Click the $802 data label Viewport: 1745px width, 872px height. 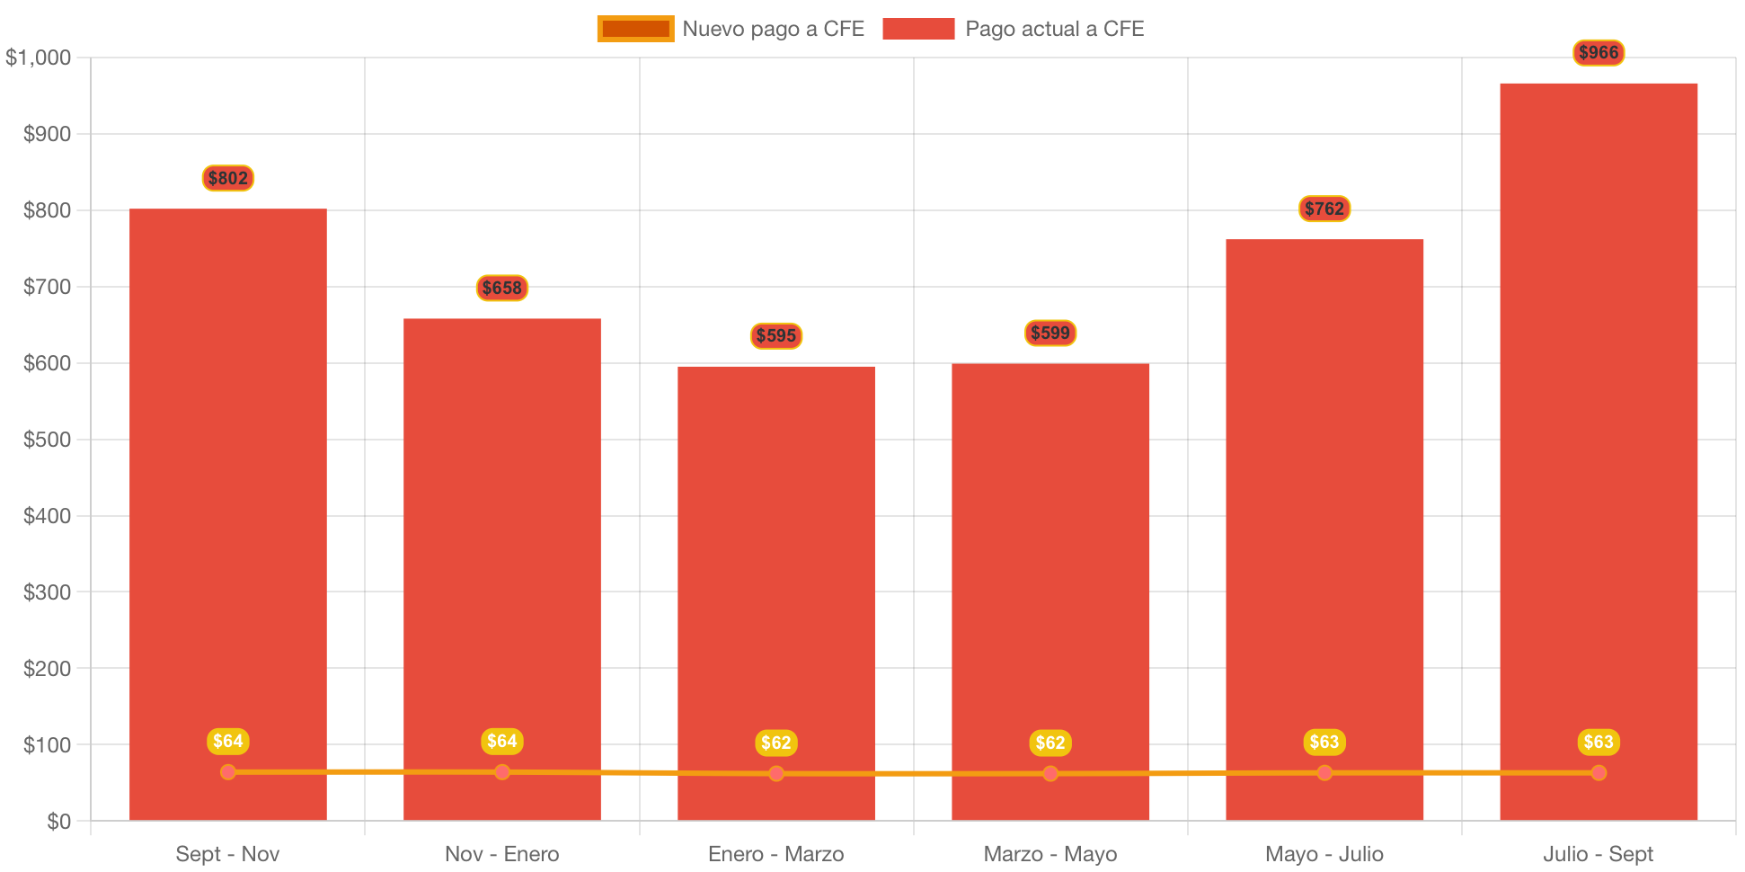pos(227,178)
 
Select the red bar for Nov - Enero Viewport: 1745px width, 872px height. pos(501,539)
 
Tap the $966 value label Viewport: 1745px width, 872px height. pos(1598,53)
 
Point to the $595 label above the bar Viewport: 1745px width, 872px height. pos(775,335)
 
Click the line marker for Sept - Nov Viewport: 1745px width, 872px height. pos(227,772)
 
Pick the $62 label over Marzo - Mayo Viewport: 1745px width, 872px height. pos(1050,743)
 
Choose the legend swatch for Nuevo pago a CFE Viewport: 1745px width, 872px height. pos(635,29)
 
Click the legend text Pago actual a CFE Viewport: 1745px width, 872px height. pos(1054,29)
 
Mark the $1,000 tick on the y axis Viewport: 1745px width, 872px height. pos(39,58)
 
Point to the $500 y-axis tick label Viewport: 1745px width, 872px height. pos(47,440)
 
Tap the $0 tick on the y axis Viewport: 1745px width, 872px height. pos(58,822)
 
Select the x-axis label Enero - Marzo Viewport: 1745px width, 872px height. pos(775,854)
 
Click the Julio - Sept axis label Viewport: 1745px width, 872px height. pos(1598,854)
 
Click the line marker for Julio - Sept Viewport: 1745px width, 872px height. pos(1598,772)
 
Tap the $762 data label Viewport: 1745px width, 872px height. pos(1324,209)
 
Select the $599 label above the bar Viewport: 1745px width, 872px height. pos(1050,334)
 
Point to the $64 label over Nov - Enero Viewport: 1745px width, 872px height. pos(501,741)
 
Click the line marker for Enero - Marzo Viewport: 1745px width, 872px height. pos(775,773)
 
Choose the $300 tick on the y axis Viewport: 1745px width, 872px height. pos(47,592)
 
